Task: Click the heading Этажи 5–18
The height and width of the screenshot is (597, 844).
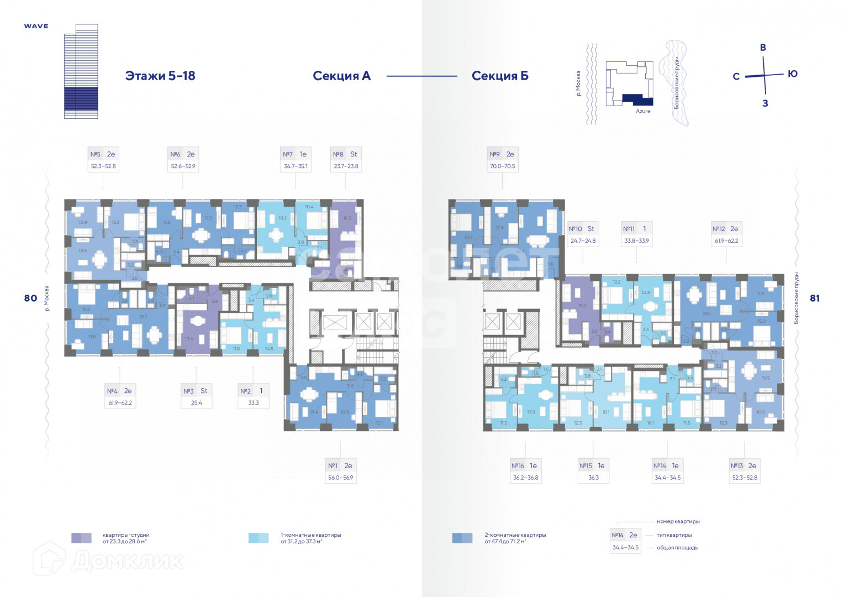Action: click(160, 76)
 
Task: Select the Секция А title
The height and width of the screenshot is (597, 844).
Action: click(341, 76)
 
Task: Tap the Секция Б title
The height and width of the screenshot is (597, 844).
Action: click(500, 76)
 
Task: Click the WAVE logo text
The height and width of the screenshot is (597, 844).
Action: click(36, 26)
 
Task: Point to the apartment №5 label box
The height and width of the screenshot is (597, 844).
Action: click(103, 160)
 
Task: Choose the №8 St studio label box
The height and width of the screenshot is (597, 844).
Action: click(346, 160)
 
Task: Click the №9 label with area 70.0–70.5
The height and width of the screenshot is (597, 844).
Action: click(502, 160)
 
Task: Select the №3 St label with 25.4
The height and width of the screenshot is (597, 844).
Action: click(196, 396)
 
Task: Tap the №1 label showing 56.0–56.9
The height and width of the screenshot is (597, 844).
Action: click(340, 471)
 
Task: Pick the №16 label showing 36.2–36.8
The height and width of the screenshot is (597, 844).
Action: click(525, 471)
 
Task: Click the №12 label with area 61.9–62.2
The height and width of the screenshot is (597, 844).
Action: click(726, 234)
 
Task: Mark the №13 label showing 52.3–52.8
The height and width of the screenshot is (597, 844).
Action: click(744, 471)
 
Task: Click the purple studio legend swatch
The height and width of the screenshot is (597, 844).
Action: click(81, 538)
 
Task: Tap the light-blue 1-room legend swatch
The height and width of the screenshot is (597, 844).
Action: click(259, 538)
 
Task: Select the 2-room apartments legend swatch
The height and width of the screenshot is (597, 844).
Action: click(462, 538)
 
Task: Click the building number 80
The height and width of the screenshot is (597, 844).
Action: click(30, 298)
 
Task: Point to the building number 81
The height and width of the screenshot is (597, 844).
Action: click(815, 298)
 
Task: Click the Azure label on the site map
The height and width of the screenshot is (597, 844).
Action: click(643, 111)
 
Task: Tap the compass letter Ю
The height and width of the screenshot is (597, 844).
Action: click(793, 74)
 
